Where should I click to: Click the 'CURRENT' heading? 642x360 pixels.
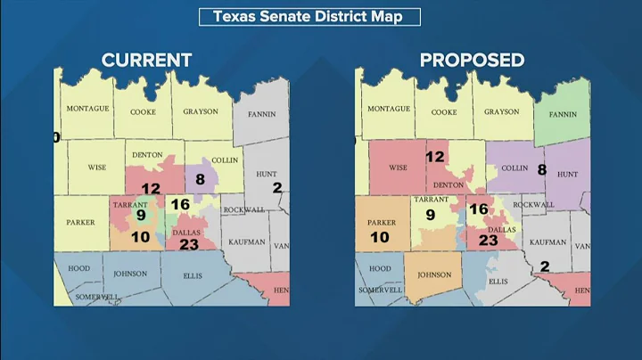click(146, 61)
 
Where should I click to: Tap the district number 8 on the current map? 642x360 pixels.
click(200, 179)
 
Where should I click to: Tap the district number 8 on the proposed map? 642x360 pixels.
click(541, 169)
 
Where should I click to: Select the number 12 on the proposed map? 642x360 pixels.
click(434, 157)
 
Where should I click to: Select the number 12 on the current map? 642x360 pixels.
click(151, 189)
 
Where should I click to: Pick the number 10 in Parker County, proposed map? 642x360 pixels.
click(380, 237)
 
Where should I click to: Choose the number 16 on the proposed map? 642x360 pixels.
click(479, 209)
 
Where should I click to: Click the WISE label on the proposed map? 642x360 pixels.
click(398, 167)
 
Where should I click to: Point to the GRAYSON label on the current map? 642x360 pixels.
click(201, 112)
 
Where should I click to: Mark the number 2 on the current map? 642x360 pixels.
click(276, 187)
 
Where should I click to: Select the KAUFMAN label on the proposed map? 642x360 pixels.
click(547, 241)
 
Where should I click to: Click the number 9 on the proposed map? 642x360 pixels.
click(430, 215)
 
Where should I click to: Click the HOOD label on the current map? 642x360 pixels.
click(78, 267)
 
